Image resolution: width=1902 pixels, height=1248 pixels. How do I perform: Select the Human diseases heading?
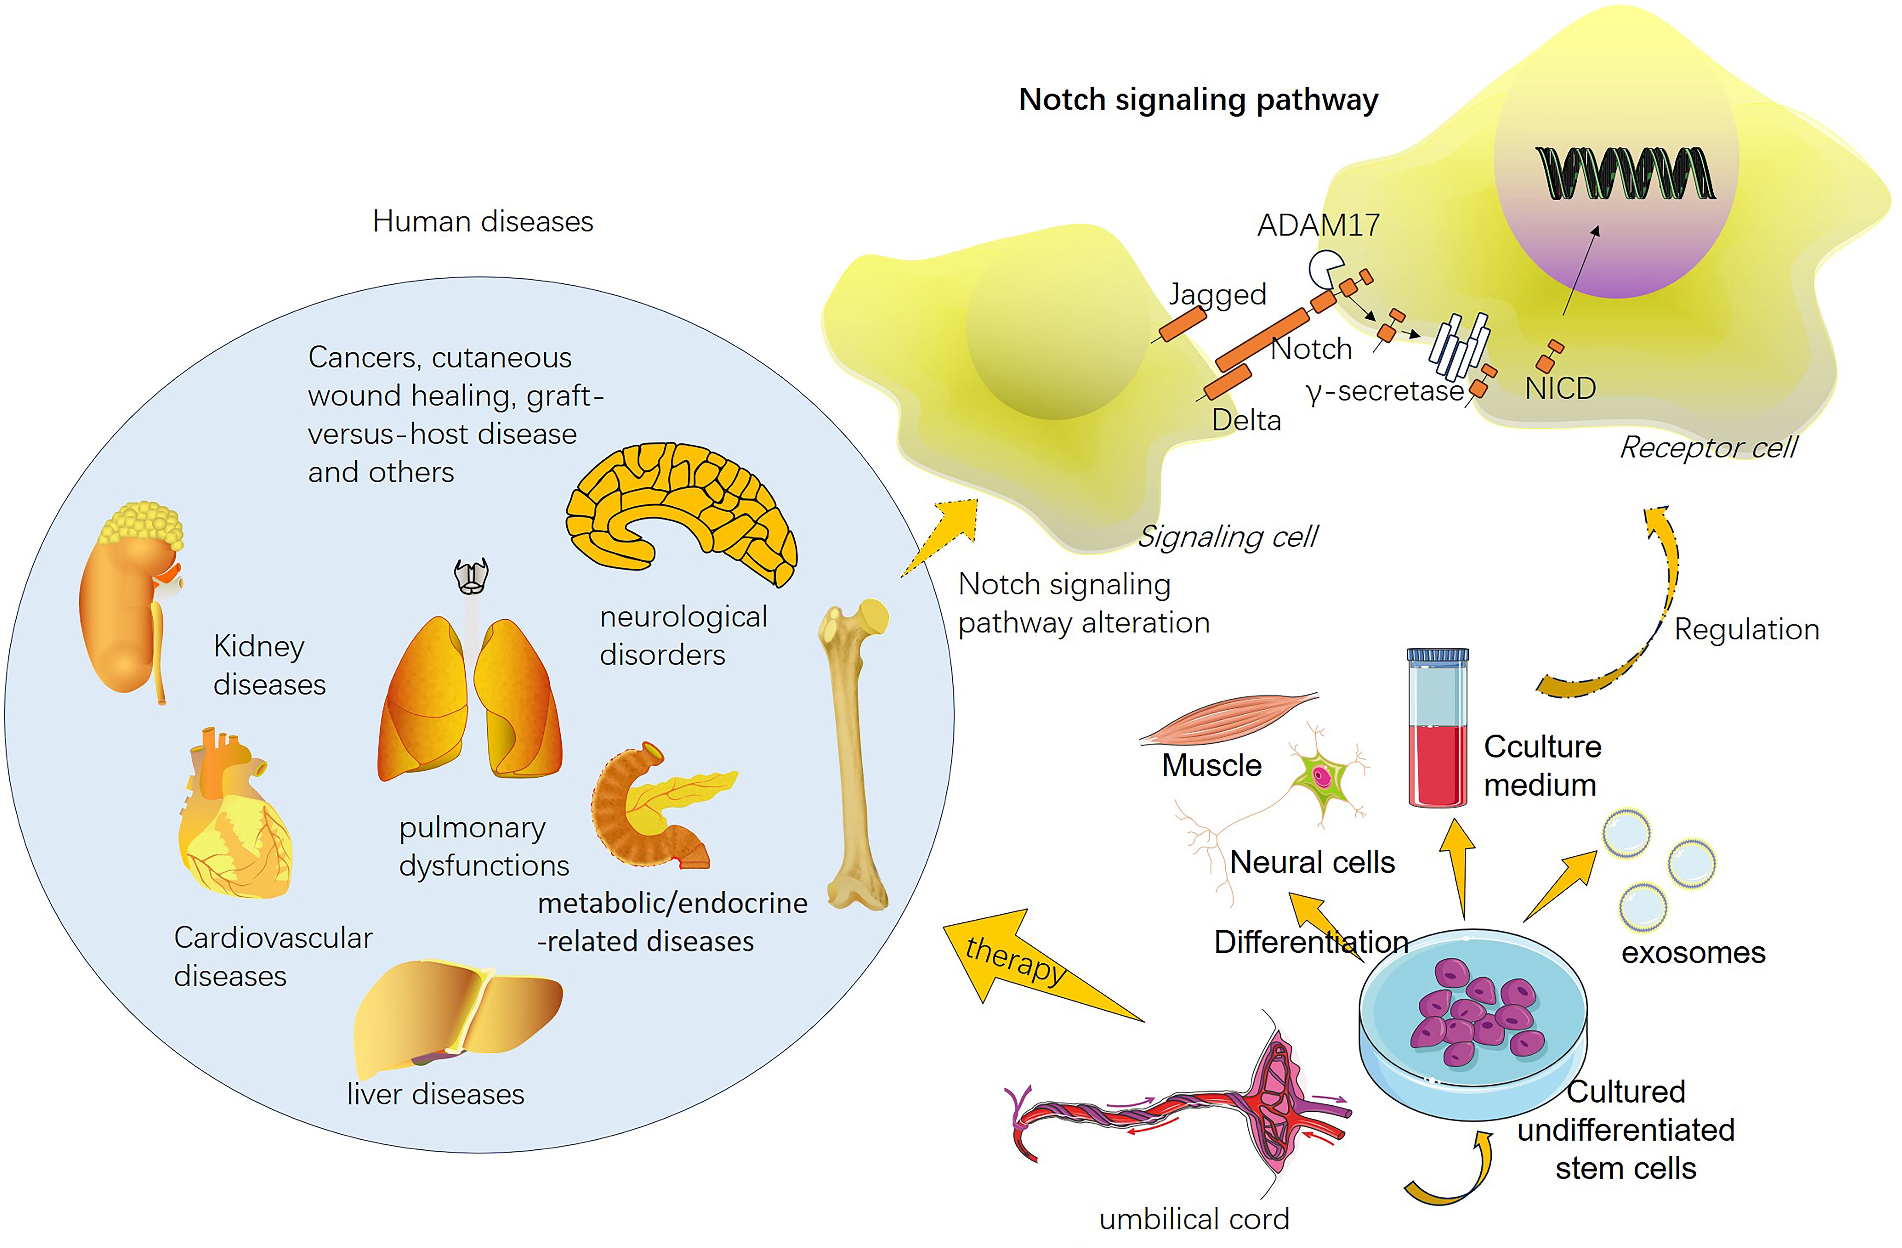[483, 221]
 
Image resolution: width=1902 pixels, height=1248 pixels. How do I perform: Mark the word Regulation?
[1746, 630]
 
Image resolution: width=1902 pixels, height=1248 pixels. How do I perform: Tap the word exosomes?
[1693, 952]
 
